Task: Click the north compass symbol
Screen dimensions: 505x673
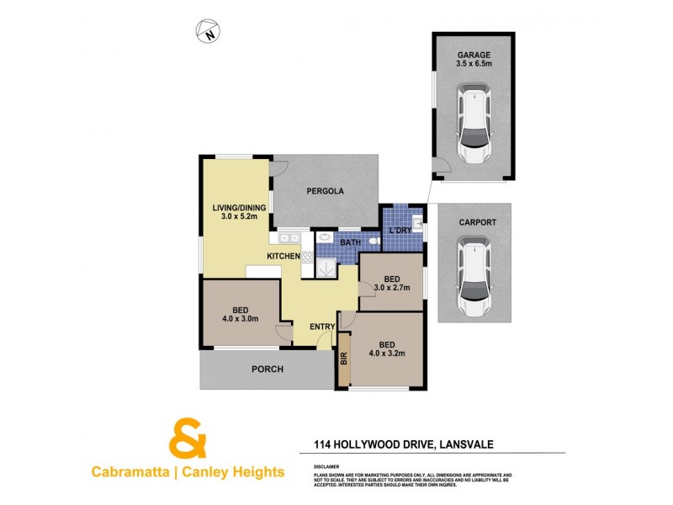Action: click(208, 32)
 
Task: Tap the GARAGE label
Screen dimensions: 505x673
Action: click(474, 56)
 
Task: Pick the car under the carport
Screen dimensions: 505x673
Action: click(474, 276)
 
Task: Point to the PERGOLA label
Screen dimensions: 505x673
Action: click(325, 191)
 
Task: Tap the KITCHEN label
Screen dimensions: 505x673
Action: click(284, 255)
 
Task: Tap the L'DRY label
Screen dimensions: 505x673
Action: click(399, 230)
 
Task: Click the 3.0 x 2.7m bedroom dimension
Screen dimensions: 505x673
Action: click(391, 288)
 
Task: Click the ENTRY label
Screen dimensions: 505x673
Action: click(322, 327)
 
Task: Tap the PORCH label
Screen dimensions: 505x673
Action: click(267, 369)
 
